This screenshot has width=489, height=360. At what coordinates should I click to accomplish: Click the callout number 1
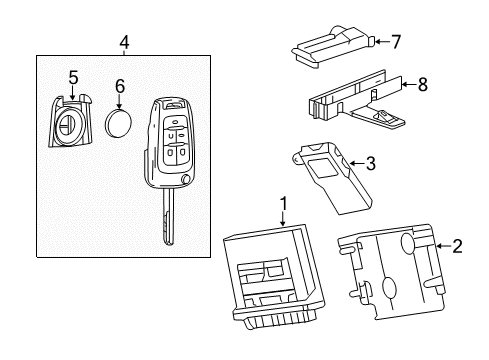coord(283,205)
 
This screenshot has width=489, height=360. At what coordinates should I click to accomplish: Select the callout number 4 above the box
coord(123,42)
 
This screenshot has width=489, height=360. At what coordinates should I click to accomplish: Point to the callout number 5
coord(72,76)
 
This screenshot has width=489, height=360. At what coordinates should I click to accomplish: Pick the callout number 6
coord(120,86)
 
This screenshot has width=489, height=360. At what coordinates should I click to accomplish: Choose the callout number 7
coord(396,42)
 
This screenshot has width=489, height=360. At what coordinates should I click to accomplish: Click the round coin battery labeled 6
coord(120,124)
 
